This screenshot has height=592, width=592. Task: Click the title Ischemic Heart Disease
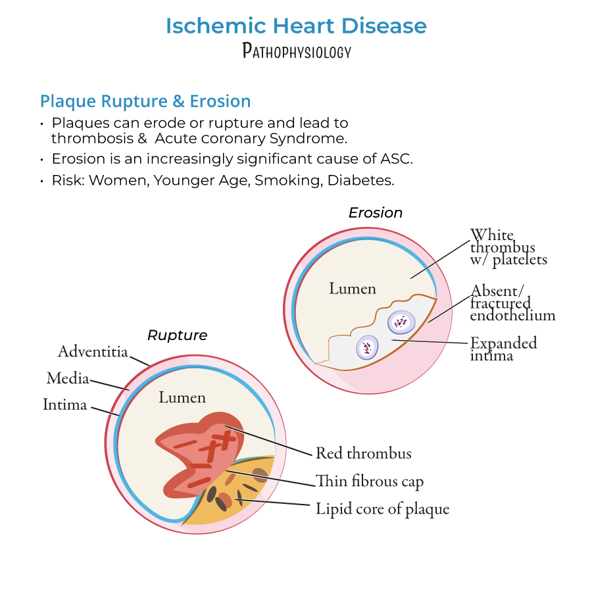pyautogui.click(x=296, y=26)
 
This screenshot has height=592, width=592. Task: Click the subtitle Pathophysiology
pyautogui.click(x=297, y=51)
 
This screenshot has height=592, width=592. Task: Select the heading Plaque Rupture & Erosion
pyautogui.click(x=145, y=101)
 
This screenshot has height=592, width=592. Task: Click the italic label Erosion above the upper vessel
pyautogui.click(x=375, y=212)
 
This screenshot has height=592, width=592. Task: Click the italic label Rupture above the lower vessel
pyautogui.click(x=177, y=335)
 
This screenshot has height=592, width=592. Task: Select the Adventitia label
pyautogui.click(x=93, y=351)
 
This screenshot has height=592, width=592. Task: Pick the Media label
pyautogui.click(x=67, y=378)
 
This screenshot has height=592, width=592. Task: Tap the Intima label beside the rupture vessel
pyautogui.click(x=64, y=405)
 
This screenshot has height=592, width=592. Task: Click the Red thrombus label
pyautogui.click(x=363, y=453)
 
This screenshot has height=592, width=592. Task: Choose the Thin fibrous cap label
pyautogui.click(x=369, y=481)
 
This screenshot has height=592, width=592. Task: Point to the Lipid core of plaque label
pyautogui.click(x=382, y=508)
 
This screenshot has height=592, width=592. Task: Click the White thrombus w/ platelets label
pyautogui.click(x=507, y=247)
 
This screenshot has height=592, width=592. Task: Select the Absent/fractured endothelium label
pyautogui.click(x=512, y=303)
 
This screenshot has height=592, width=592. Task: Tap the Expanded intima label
pyautogui.click(x=503, y=349)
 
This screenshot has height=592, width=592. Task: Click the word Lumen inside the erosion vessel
pyautogui.click(x=353, y=289)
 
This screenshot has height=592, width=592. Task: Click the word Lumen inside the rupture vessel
pyautogui.click(x=182, y=397)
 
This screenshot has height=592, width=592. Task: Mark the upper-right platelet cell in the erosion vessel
pyautogui.click(x=401, y=322)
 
